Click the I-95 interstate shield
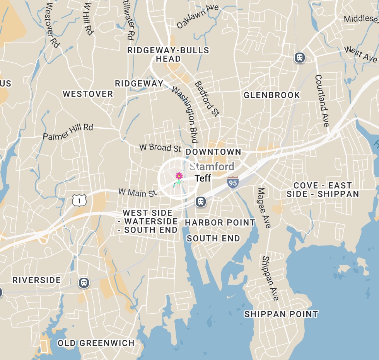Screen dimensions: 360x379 [232, 182]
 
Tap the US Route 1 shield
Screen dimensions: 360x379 [79, 200]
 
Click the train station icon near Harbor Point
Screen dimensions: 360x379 [200, 201]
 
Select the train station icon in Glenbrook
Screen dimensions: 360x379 [299, 58]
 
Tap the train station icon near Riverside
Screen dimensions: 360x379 [84, 282]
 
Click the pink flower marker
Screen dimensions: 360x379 [179, 177]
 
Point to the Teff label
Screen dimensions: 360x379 [203, 178]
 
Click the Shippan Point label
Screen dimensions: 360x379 [281, 314]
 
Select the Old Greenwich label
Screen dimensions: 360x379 [96, 343]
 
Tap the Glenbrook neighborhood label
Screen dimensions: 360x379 [271, 95]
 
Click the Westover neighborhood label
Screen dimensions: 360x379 [88, 94]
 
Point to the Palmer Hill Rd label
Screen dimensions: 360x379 [68, 132]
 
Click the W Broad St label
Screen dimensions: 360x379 [160, 148]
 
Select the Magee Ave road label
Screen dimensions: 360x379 [265, 207]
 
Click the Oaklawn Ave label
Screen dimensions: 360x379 [198, 17]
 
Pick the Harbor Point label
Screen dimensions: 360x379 [220, 222]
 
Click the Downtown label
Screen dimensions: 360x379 [213, 152]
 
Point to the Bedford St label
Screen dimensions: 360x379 [207, 98]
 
